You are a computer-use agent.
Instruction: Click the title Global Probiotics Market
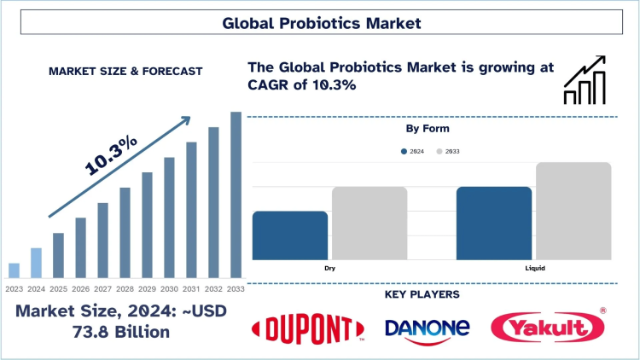click(320, 23)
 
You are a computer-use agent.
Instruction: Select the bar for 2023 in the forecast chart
click(14, 270)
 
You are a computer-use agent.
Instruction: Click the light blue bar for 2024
click(36, 263)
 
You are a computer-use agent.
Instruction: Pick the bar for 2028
click(125, 232)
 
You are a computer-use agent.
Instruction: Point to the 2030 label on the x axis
click(169, 289)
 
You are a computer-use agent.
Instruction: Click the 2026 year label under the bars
click(80, 289)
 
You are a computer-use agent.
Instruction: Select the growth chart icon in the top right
click(585, 81)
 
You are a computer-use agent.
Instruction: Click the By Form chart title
click(431, 128)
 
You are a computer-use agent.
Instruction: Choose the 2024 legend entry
click(413, 151)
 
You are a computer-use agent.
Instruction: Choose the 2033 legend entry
click(451, 151)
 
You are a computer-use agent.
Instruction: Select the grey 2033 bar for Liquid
click(574, 211)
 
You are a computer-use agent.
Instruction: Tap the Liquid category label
click(535, 268)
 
